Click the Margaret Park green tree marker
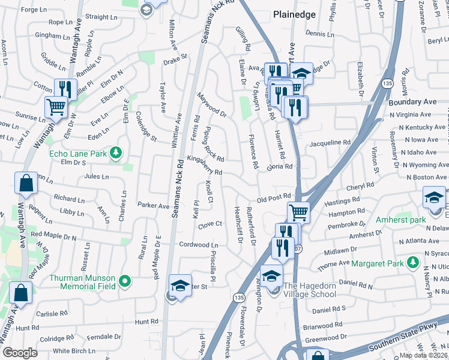point(412,262)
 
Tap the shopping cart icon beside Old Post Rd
point(298,212)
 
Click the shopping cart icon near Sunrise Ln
point(56,107)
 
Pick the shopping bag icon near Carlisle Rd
point(21,294)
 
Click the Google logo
point(20,353)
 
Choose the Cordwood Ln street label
point(199,245)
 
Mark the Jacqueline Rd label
point(330,143)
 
